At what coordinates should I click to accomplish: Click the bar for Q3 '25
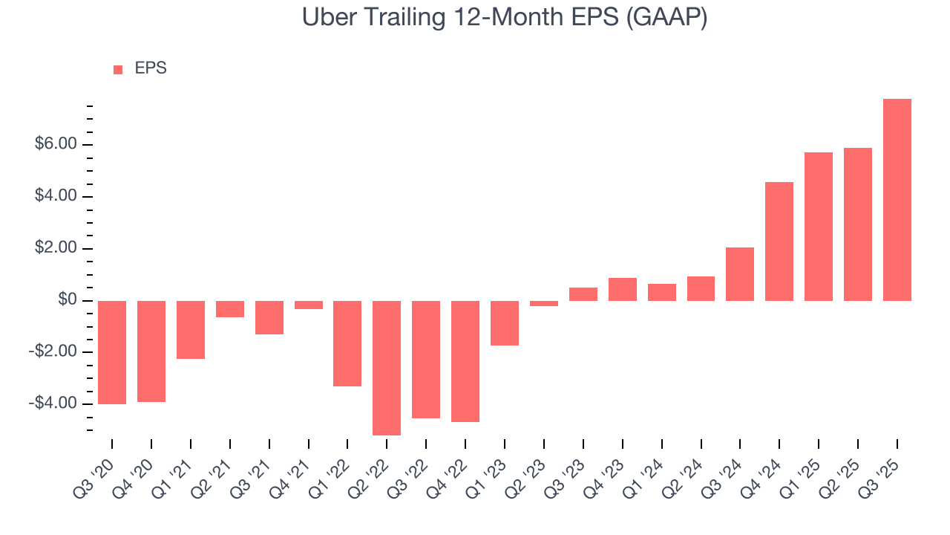click(897, 200)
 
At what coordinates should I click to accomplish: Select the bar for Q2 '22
click(387, 368)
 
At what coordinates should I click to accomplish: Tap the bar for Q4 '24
click(779, 241)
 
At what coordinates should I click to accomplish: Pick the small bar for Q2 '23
click(544, 303)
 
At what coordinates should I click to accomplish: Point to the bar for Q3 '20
click(112, 352)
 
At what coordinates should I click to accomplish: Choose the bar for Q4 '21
click(309, 305)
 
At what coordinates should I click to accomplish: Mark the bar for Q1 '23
click(505, 323)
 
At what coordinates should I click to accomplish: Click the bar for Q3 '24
click(740, 274)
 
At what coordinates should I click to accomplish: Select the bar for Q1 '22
click(347, 343)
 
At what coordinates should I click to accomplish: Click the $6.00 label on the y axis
click(56, 144)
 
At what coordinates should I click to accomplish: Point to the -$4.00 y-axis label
click(53, 403)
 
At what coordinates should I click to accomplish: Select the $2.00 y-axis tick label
click(56, 248)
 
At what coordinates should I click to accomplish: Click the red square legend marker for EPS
click(118, 70)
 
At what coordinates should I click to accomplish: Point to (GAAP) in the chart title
click(666, 18)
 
